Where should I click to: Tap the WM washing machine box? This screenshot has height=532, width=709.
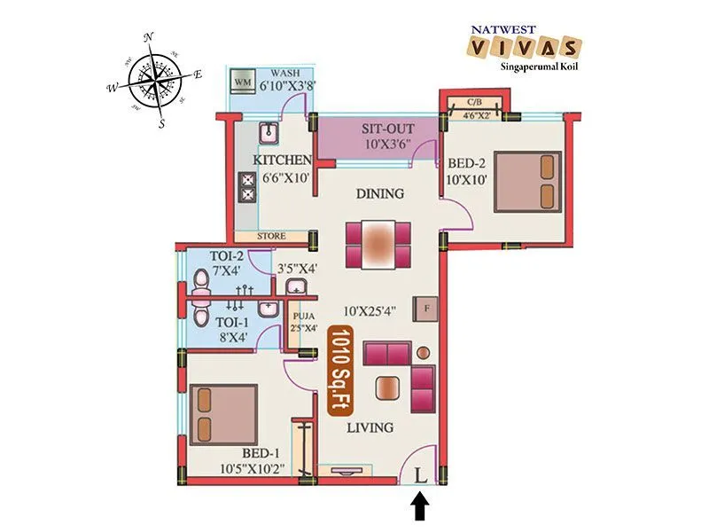click(x=242, y=82)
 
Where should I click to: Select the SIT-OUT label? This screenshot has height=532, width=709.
click(x=387, y=129)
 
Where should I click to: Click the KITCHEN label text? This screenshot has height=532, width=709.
click(x=283, y=160)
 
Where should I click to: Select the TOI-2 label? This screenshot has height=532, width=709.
click(x=225, y=256)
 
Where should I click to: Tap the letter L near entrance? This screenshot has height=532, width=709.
click(x=420, y=475)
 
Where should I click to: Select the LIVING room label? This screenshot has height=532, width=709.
click(x=370, y=427)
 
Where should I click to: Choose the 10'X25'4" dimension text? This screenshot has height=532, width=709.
click(x=376, y=310)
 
